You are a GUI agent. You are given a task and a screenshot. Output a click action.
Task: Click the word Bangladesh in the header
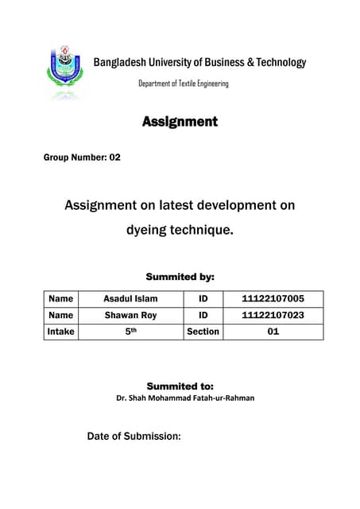coord(122,62)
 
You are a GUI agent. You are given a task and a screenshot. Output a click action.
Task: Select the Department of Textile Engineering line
coord(183,84)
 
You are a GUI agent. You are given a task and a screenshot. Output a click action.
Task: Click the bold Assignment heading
coord(180,122)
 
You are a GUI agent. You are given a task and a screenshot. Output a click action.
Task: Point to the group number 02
coord(114,157)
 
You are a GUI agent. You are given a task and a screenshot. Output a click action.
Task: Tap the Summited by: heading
coord(180,277)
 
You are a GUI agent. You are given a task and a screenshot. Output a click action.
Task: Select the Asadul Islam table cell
coord(130,299)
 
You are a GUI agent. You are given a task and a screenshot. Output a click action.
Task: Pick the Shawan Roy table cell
coord(130,315)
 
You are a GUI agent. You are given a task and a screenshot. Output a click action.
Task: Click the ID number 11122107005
coord(273,299)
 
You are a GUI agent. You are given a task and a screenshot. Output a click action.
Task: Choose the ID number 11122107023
coord(273,315)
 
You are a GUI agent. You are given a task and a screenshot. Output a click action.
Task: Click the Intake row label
coord(60,331)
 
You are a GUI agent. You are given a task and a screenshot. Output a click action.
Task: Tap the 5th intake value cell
coord(130,331)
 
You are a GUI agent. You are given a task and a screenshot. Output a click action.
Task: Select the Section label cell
coord(202,331)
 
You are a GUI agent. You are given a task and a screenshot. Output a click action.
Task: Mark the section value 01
coord(273,331)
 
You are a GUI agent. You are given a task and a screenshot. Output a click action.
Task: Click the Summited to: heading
coord(180,386)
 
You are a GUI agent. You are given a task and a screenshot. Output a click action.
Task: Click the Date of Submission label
coord(134,436)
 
